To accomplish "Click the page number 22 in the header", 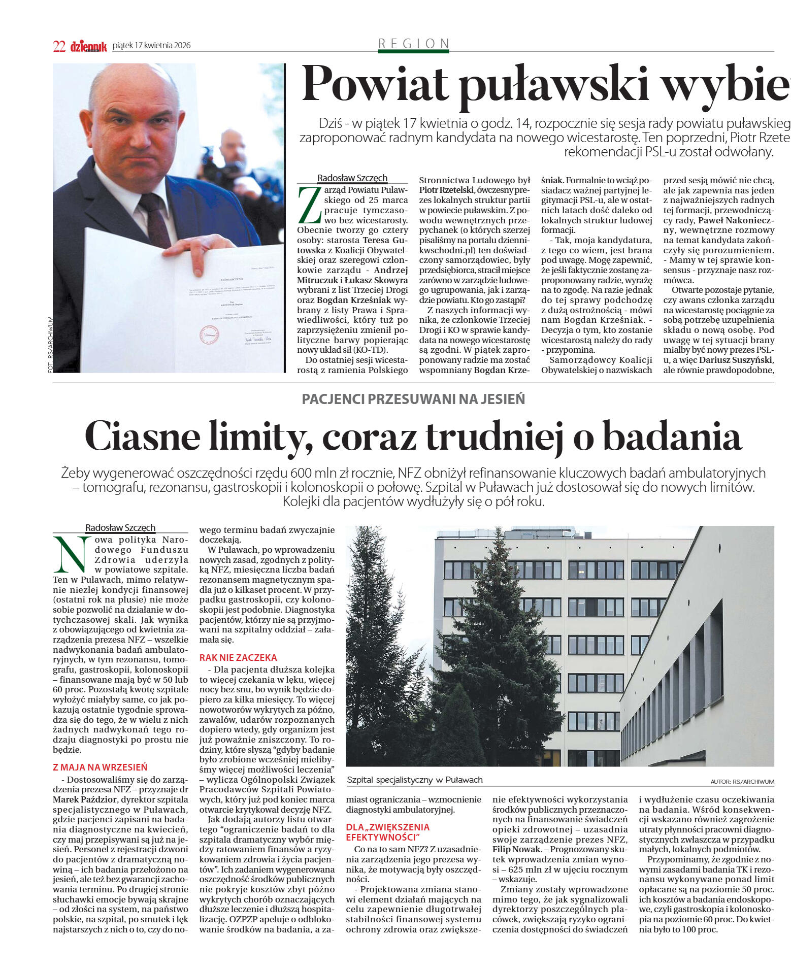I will (x=59, y=46).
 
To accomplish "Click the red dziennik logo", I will (x=88, y=47).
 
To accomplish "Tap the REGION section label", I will (x=414, y=44).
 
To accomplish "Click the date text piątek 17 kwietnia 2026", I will (x=151, y=46).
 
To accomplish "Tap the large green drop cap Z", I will (x=309, y=205).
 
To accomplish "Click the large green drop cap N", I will (x=71, y=554).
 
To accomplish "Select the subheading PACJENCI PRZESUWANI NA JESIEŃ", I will (x=413, y=399).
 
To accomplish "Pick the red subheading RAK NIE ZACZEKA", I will (x=238, y=657).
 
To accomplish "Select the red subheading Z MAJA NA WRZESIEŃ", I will (x=100, y=767).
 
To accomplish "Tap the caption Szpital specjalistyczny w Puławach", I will (x=414, y=780).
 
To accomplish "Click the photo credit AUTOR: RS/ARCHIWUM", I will (x=742, y=782).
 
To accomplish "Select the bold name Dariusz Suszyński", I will (x=736, y=360).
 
